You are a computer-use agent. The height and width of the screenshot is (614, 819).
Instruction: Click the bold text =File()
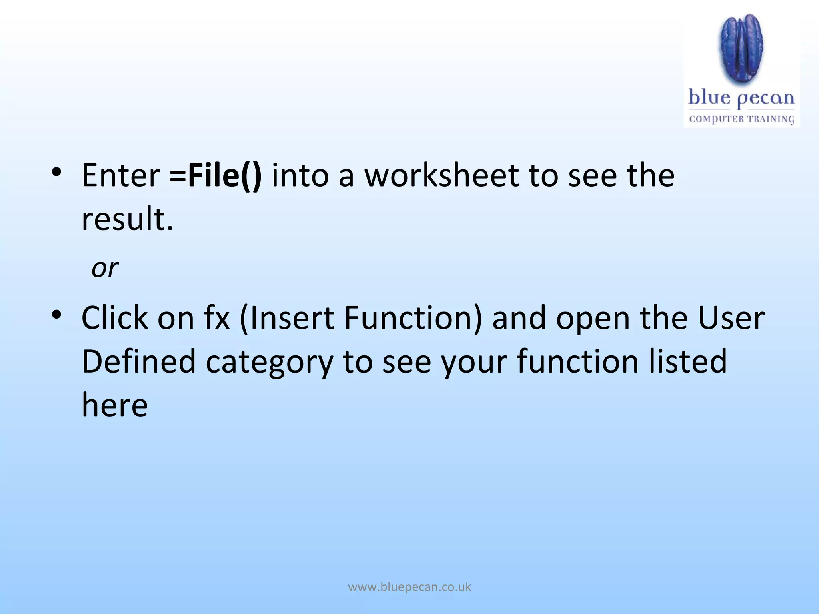point(216,176)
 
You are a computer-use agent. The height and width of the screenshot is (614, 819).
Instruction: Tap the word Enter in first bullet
point(120,176)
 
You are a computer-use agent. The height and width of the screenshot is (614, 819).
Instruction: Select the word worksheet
point(441,176)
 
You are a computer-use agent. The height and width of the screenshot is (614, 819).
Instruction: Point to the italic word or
point(105,268)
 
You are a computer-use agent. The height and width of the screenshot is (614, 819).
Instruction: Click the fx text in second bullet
point(217,318)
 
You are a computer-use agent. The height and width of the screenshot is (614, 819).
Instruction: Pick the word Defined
point(138,361)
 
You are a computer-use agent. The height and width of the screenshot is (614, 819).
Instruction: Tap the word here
point(115,405)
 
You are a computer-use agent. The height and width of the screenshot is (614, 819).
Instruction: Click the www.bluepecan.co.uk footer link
point(409,587)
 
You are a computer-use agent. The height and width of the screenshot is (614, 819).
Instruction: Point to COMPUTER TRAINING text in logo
point(741,119)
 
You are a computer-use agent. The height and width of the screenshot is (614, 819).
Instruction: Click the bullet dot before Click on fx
point(56,315)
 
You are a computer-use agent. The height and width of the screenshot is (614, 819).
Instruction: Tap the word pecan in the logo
point(765,98)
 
